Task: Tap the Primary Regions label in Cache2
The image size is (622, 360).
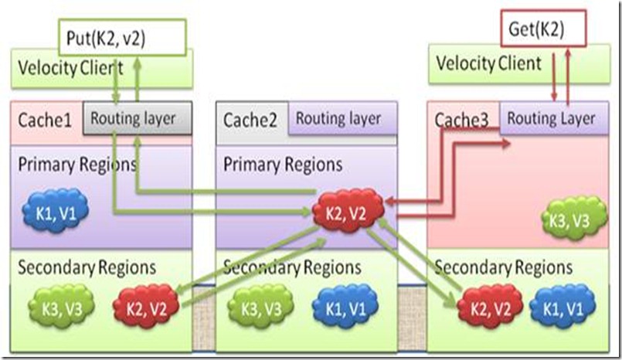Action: [x=282, y=165]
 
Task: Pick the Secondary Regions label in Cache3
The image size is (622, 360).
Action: [x=504, y=268]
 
